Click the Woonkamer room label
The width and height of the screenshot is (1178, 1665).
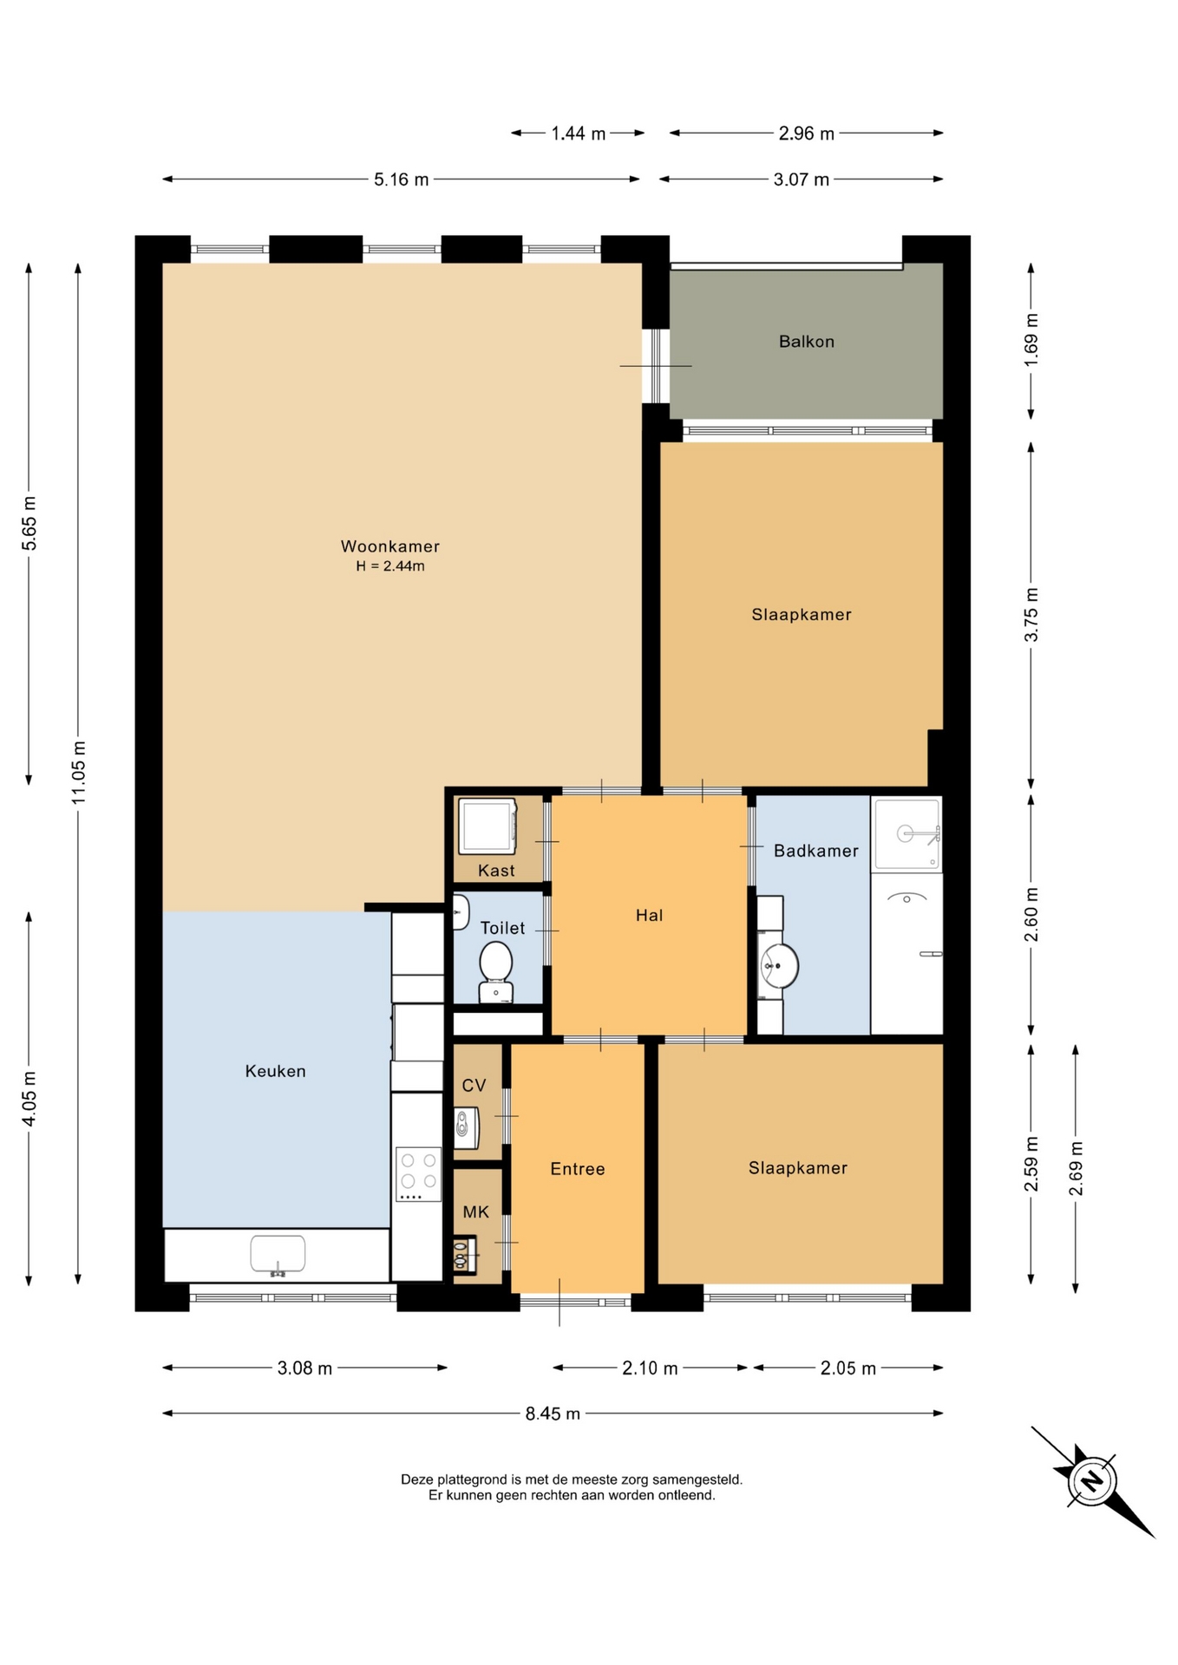(x=389, y=546)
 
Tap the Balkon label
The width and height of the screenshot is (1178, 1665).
(x=807, y=342)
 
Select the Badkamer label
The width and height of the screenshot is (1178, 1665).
(x=816, y=851)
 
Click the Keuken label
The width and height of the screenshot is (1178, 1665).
(x=275, y=1071)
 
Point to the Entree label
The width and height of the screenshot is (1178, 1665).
(x=578, y=1169)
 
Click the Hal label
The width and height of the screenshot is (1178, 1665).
(x=649, y=915)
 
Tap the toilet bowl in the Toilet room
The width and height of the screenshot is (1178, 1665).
(x=496, y=972)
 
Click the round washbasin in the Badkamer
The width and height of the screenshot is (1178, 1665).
(x=779, y=964)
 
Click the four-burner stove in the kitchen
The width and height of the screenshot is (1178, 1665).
(x=419, y=1174)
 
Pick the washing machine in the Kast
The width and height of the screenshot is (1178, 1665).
(x=488, y=826)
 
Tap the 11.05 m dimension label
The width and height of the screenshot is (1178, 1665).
(x=79, y=772)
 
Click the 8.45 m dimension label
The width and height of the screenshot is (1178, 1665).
(x=553, y=1414)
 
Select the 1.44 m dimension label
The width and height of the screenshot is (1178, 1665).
(x=579, y=134)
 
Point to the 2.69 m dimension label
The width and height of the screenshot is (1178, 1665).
(x=1076, y=1168)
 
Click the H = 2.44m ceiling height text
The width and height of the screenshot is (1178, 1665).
(x=390, y=566)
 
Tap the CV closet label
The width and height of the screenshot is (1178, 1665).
(x=474, y=1086)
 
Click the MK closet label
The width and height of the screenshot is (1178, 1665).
(x=475, y=1212)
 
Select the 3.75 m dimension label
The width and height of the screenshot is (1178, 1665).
(x=1031, y=615)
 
